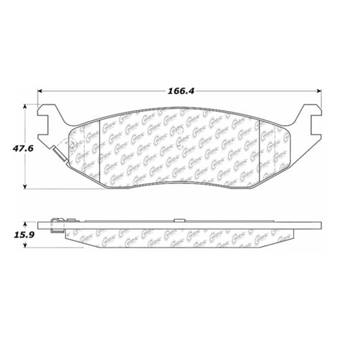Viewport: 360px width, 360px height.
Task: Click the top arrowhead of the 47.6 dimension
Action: click(25, 106)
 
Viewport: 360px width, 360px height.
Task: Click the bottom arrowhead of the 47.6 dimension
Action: click(25, 186)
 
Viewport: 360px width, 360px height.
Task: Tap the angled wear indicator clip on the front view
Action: click(59, 154)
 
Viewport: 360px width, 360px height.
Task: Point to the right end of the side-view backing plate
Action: click(322, 226)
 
